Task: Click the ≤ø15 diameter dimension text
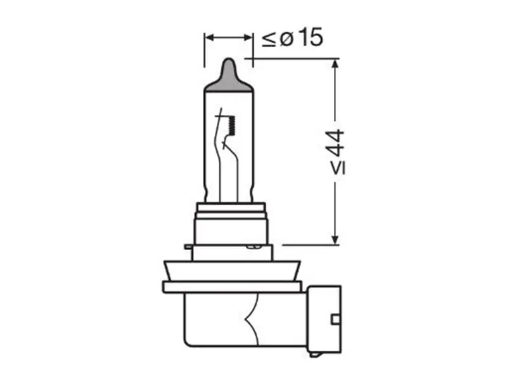pos(292,37)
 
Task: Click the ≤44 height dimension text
pos(337,152)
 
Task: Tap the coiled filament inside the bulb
pos(232,125)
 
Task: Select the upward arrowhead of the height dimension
pos(335,63)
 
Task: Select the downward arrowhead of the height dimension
pos(335,239)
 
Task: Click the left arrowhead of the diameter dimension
pos(209,37)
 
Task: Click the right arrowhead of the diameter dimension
pos(248,37)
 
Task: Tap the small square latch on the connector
pos(336,319)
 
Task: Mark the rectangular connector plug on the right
pos(324,319)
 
